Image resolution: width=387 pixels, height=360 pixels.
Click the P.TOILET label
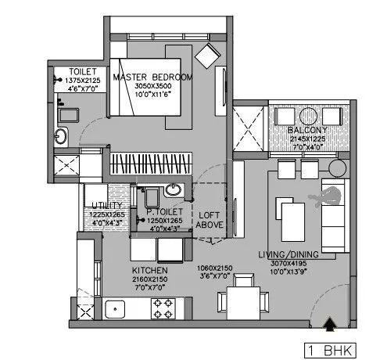[x=165, y=211]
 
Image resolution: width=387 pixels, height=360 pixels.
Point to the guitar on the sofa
[x=333, y=196]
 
